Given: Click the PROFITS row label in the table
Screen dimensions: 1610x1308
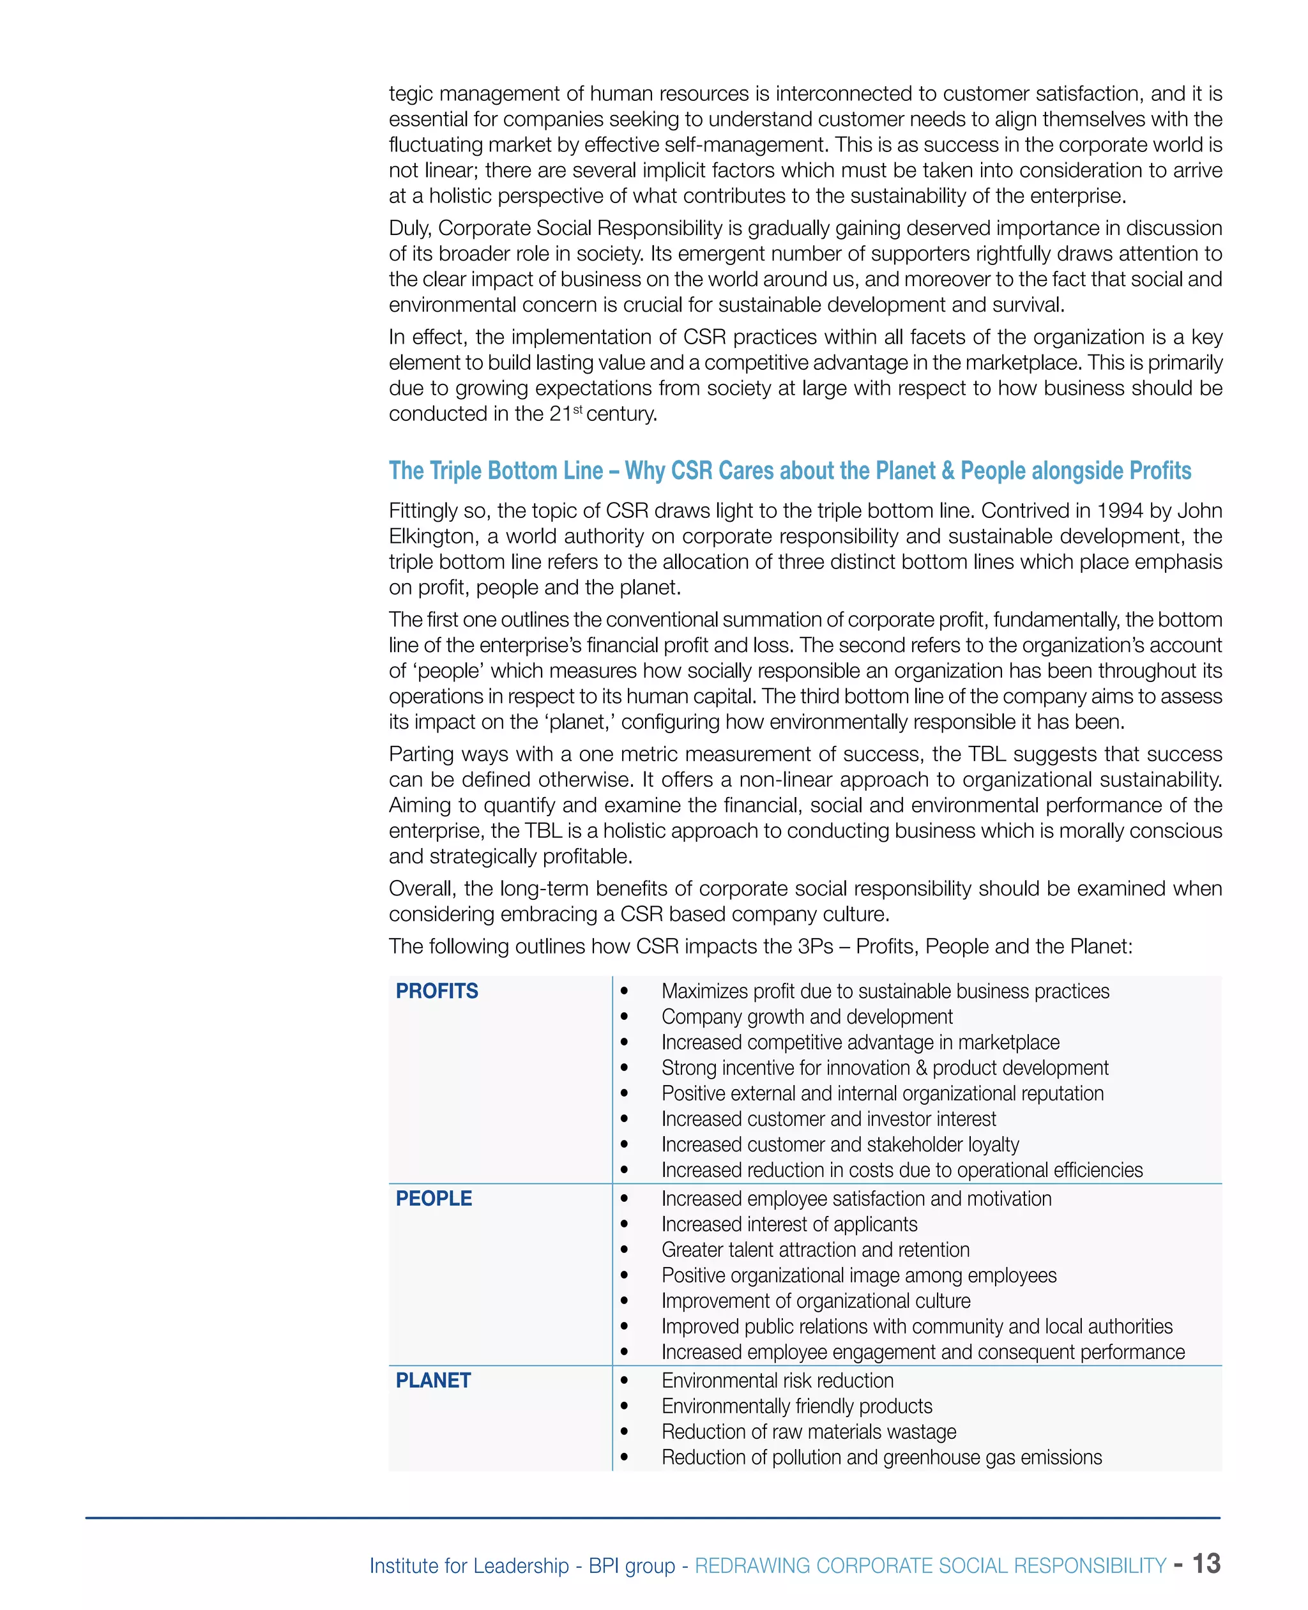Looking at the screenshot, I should tap(436, 991).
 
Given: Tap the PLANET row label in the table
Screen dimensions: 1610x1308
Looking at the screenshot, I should tap(432, 1380).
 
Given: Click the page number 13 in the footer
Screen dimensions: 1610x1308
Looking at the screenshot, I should tap(1206, 1563).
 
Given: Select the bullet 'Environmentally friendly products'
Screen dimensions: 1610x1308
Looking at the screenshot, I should tap(796, 1406).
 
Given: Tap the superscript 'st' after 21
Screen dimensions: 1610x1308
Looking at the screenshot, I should tap(578, 409).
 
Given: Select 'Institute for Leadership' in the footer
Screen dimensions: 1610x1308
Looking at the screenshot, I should tap(469, 1565).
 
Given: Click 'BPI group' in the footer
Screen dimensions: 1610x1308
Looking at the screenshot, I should tap(632, 1565).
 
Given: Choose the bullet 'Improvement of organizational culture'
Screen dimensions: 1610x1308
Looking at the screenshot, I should tap(815, 1300).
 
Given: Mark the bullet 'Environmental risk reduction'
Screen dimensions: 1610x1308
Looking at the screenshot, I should tap(777, 1380).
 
